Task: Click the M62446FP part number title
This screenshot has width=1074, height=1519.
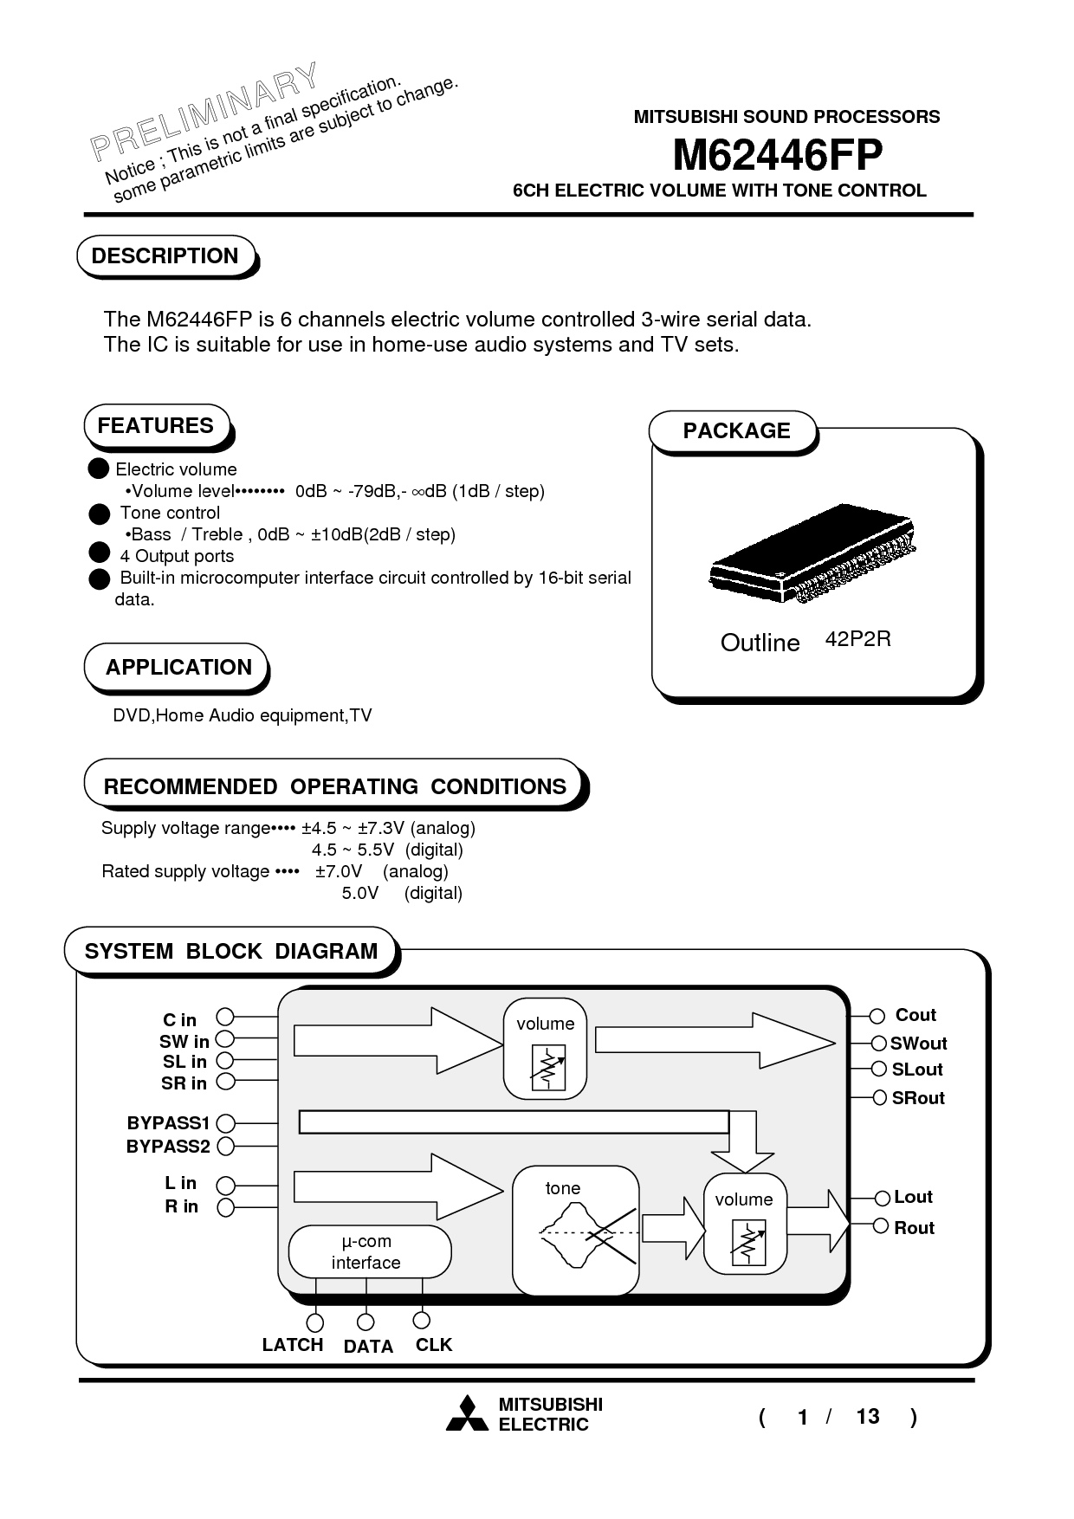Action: [777, 157]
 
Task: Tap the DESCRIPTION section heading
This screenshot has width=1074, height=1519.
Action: [165, 256]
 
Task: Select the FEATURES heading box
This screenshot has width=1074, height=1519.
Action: [156, 426]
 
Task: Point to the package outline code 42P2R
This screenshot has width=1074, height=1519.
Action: [857, 640]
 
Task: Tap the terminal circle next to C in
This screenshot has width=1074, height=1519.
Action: [225, 1017]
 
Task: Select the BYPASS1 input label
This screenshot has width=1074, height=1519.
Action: [168, 1123]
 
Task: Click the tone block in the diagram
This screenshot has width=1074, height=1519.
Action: [575, 1230]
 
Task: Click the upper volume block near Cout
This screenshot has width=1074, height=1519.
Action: [545, 1048]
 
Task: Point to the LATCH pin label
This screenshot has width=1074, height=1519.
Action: [293, 1345]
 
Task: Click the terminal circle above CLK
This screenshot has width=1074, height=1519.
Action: [422, 1320]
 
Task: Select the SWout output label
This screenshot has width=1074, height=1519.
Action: [918, 1044]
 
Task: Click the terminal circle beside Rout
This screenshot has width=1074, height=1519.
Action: [880, 1225]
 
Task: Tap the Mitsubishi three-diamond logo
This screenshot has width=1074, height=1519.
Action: [467, 1414]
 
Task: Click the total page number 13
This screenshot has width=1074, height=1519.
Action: [867, 1416]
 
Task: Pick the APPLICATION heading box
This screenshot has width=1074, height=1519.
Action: [178, 668]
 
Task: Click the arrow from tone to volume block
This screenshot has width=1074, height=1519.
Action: [673, 1227]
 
